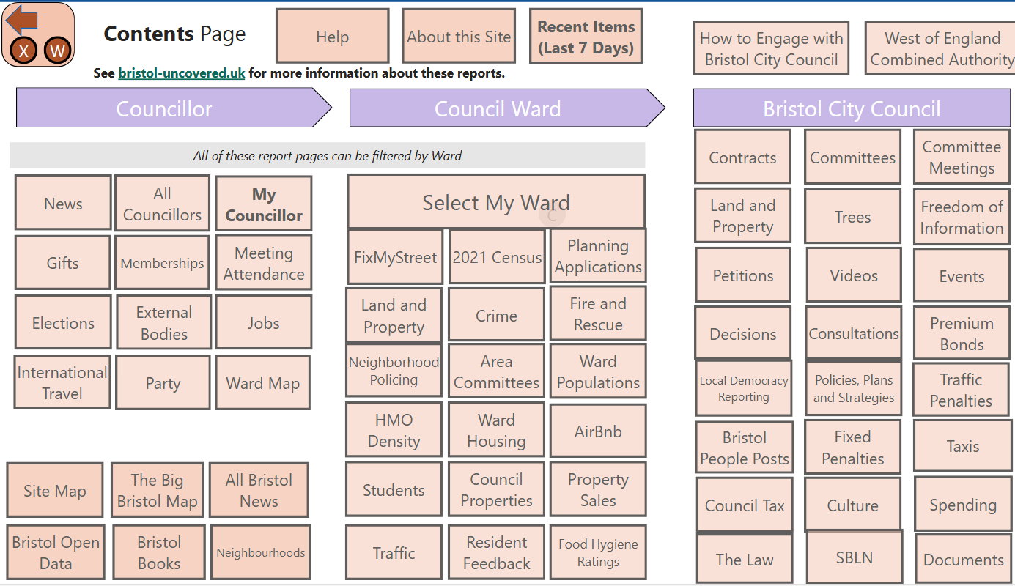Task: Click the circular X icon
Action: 23,51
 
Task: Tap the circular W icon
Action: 58,51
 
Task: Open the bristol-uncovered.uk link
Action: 181,73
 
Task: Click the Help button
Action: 332,37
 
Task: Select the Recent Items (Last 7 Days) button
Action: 586,37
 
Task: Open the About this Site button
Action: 459,37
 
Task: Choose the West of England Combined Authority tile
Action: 941,49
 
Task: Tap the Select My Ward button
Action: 496,202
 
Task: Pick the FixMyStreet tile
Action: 395,257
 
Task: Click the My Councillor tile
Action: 264,204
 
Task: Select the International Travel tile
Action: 62,382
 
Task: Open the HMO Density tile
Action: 394,430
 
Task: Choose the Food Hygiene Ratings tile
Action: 598,553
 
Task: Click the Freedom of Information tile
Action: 962,217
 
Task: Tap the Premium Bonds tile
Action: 962,333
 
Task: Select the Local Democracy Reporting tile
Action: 743,388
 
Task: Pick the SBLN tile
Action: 854,557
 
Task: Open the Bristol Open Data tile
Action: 56,552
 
